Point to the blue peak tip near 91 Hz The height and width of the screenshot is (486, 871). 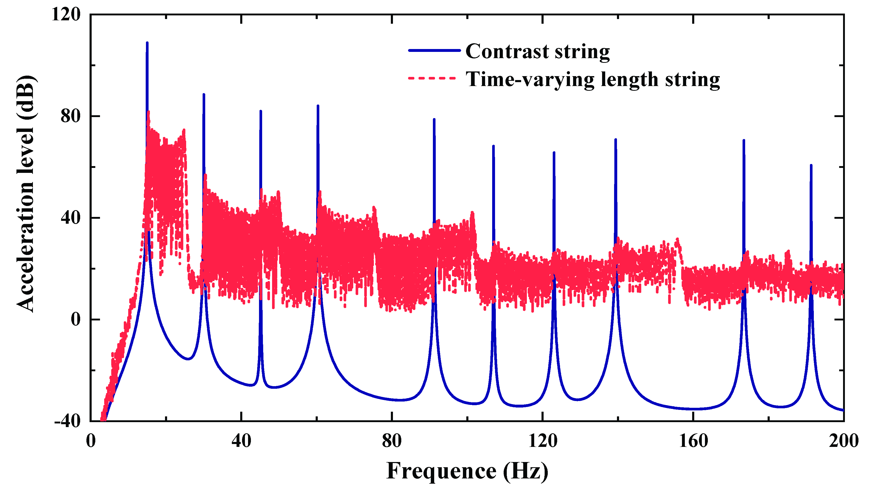pyautogui.click(x=434, y=119)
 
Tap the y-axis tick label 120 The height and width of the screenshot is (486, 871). pyautogui.click(x=66, y=15)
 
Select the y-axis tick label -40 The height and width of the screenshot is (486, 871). pyautogui.click(x=68, y=421)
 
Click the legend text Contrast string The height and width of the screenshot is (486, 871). pyautogui.click(x=537, y=51)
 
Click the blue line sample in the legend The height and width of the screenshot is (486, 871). pyautogui.click(x=434, y=51)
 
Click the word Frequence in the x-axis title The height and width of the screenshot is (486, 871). pyautogui.click(x=441, y=470)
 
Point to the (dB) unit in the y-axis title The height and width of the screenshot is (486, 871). pyautogui.click(x=26, y=98)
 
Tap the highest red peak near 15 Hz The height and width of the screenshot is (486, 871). pyautogui.click(x=149, y=112)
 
